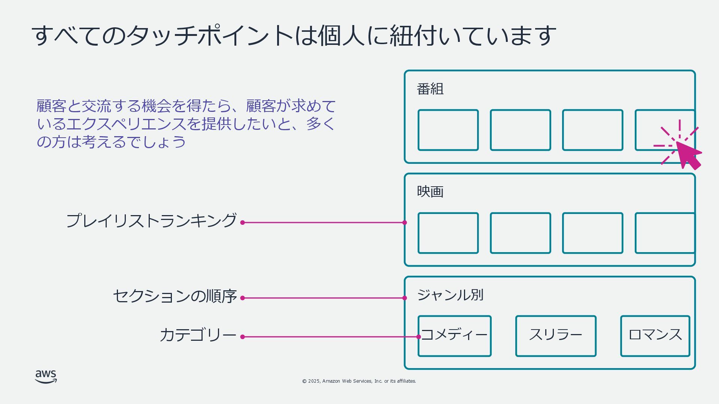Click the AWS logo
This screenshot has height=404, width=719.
(x=46, y=376)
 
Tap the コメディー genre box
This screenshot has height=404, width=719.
(x=454, y=336)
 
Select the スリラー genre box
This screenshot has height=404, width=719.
(x=556, y=336)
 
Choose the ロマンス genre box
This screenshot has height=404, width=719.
(x=655, y=336)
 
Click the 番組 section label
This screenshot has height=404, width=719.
(x=430, y=89)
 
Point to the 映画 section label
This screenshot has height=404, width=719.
(x=430, y=192)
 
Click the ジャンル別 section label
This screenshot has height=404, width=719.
(x=450, y=295)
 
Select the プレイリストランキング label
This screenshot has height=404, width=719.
(x=151, y=221)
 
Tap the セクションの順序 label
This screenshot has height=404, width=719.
(x=175, y=296)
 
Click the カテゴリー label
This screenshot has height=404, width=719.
(x=198, y=335)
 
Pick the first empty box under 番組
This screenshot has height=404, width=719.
(x=448, y=130)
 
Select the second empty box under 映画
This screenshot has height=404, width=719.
(x=520, y=233)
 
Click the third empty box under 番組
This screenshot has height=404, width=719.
(x=592, y=130)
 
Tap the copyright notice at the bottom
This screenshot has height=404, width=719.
(x=359, y=381)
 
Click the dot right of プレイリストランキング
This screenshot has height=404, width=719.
(x=242, y=223)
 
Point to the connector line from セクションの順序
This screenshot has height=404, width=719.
(x=324, y=298)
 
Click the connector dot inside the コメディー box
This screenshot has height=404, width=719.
(x=419, y=337)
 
